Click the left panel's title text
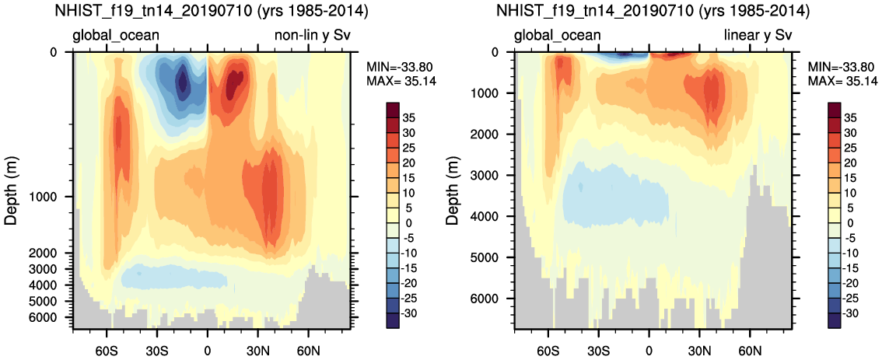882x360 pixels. tap(212, 12)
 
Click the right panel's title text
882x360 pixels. tap(653, 12)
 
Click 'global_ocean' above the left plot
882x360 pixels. tap(116, 35)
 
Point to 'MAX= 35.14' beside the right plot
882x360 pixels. tap(842, 81)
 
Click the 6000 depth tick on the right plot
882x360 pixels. tap(494, 299)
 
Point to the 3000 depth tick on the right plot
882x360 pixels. tap(494, 175)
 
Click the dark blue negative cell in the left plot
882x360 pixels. tap(183, 80)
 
